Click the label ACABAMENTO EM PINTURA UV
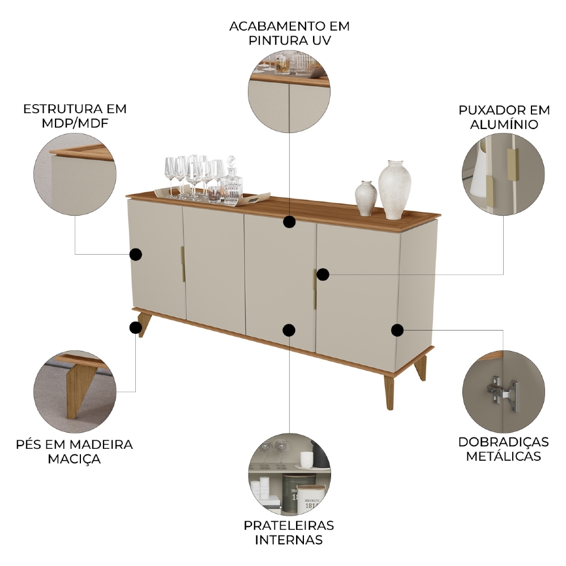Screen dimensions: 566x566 289,33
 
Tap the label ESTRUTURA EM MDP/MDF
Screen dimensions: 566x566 75,115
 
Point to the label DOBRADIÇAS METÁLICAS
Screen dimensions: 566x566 503,448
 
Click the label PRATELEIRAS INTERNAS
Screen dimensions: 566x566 289,532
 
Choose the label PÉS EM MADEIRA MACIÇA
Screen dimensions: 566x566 75,451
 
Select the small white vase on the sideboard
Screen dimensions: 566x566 366,198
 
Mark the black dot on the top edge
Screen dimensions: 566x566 289,221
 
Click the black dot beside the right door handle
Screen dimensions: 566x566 323,275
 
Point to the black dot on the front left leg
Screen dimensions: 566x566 135,327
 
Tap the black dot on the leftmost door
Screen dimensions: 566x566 135,254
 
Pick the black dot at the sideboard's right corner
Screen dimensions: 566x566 397,329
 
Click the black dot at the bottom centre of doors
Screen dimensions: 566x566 289,330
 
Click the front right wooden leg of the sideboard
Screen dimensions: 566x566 390,391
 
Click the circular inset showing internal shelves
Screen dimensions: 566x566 289,475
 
